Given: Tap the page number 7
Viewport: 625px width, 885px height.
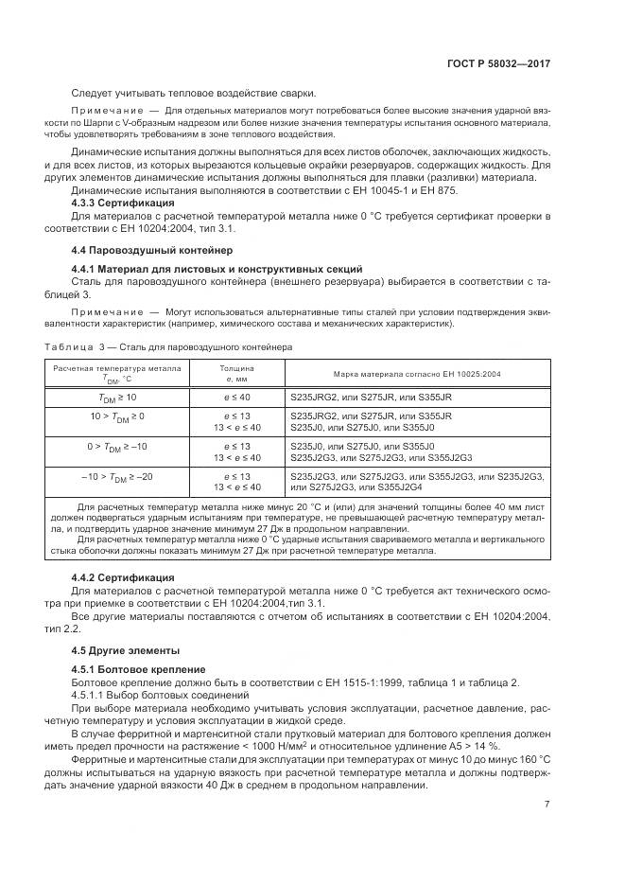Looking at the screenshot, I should pos(547,805).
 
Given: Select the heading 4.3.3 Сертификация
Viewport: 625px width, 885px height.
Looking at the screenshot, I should pos(123,203).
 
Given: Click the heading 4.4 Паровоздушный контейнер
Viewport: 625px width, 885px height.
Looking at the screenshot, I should pos(145,250).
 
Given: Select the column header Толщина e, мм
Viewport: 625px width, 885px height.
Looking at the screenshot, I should pos(236,373).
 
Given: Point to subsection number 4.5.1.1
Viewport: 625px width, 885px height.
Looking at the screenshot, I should pos(90,695).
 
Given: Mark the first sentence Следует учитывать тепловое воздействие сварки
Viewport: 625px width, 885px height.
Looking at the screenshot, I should pos(194,93).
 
